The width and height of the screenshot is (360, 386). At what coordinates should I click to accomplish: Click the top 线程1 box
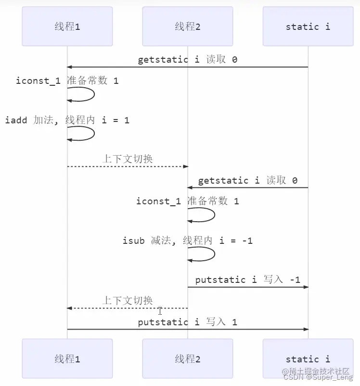(x=67, y=27)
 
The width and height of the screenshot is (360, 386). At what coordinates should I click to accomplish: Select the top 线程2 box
(x=187, y=27)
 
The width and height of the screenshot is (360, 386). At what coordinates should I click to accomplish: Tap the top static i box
(x=308, y=27)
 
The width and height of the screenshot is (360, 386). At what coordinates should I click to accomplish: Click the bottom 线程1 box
(x=67, y=359)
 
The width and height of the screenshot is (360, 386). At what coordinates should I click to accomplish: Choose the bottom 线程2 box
(x=187, y=359)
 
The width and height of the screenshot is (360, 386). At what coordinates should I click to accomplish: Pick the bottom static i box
(x=308, y=359)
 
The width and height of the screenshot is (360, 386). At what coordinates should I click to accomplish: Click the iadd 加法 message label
(x=67, y=120)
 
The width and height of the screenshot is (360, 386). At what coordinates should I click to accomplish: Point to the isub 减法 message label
(x=187, y=240)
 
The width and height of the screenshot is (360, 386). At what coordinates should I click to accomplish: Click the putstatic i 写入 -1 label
(x=247, y=280)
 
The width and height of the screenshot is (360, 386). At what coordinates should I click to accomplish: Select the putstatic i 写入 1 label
(x=187, y=322)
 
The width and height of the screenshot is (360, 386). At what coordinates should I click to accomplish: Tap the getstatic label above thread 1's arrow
(x=187, y=60)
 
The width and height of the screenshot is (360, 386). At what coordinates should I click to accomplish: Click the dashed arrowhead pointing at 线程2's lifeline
(x=185, y=166)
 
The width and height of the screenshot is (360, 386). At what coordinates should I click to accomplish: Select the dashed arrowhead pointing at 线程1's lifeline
(x=70, y=308)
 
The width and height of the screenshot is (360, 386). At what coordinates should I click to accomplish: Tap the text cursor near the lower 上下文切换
(x=160, y=311)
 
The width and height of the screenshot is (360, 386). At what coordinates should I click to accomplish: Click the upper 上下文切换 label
(x=128, y=159)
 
